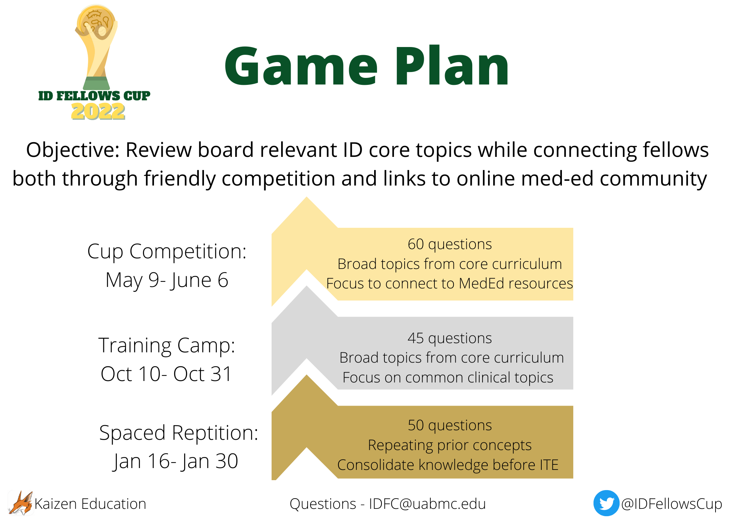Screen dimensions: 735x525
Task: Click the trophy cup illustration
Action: pos(96,48)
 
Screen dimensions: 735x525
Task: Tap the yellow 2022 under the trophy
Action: pos(98,111)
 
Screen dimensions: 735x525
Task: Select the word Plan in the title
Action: pos(452,66)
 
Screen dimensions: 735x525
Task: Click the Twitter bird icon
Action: pos(606,503)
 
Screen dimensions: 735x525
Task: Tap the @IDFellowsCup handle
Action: pos(671,504)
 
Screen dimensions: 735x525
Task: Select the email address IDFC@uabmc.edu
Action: pos(427,504)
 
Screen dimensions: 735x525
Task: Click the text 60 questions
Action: pos(450,244)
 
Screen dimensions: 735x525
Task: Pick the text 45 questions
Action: pos(450,338)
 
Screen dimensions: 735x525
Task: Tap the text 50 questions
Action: pos(450,425)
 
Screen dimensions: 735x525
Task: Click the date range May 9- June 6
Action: pos(167,281)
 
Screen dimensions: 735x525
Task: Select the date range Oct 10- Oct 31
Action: pos(166,374)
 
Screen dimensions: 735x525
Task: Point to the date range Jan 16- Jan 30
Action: pos(176,461)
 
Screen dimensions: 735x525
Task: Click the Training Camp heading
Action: pos(167,346)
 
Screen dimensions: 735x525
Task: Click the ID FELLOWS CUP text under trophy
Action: pos(94,96)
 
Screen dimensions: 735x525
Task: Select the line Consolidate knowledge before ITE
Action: pos(448,465)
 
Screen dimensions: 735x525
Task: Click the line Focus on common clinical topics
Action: pos(448,378)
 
